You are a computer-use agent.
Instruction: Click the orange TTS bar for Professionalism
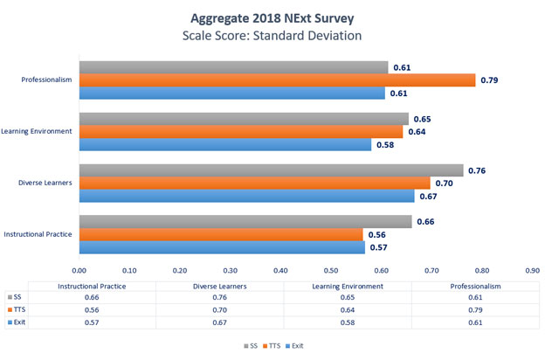[277, 80]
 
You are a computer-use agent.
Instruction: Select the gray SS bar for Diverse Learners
[271, 170]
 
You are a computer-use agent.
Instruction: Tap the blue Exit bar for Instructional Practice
[222, 247]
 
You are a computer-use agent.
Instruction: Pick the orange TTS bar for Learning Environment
[241, 132]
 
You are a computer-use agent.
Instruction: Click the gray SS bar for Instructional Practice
[245, 222]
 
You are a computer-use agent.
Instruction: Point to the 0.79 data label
[490, 80]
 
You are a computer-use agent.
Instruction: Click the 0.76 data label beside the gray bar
[478, 170]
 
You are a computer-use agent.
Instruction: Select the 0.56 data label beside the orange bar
[376, 235]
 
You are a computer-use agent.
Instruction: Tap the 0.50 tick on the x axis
[331, 271]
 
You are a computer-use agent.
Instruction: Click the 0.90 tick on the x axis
[532, 271]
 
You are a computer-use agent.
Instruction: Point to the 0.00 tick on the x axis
[79, 271]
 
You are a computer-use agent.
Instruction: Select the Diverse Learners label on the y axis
[45, 183]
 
